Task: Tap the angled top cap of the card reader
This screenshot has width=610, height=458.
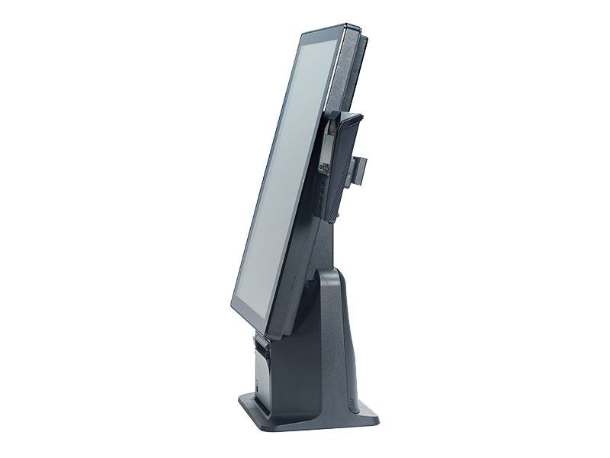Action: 349,118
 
